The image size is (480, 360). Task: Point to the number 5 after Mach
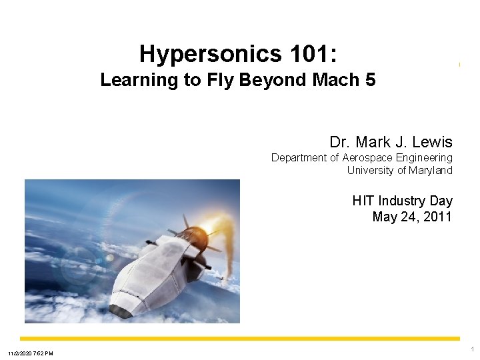(371, 81)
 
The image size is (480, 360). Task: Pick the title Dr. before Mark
(340, 142)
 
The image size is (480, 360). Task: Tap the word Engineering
(423, 158)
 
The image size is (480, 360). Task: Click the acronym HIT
(363, 201)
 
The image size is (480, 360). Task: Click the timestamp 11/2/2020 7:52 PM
(30, 353)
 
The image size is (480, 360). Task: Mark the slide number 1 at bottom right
(472, 349)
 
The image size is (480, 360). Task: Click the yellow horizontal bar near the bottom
(240, 339)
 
